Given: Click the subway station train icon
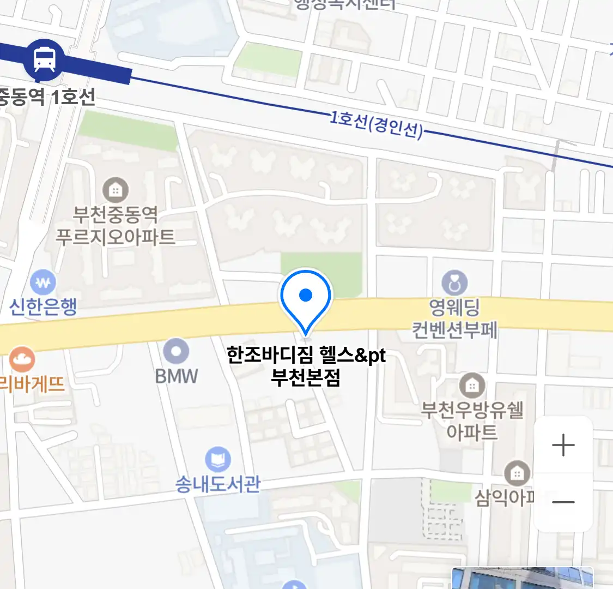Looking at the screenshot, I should pos(44,59).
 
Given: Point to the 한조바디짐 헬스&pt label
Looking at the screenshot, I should pos(306,356).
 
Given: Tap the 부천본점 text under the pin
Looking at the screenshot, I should pos(306,377).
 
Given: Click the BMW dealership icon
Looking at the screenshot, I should pos(176,351).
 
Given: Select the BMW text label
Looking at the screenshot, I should pos(176,376).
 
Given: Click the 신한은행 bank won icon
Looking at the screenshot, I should pos(43,283).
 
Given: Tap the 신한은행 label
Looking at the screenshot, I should pos(43,307).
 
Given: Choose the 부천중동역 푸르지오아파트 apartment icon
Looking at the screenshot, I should pos(116,190).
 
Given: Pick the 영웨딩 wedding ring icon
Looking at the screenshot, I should pos(454,283).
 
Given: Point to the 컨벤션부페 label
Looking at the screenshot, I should pos(454,330).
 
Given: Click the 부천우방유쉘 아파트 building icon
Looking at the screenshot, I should pos(472,386).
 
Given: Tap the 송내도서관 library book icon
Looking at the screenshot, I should pos(218,460).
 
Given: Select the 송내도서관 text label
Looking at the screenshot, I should pos(218,484).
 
